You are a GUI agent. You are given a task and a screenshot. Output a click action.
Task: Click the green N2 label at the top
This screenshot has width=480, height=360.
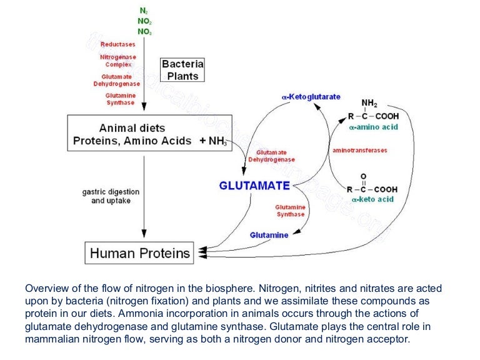coord(144,11)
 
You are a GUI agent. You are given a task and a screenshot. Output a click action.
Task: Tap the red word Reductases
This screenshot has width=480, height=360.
coord(117,44)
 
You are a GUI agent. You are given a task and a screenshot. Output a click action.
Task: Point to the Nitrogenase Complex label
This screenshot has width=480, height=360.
coord(117,61)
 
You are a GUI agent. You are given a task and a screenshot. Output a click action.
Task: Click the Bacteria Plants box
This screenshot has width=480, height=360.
coord(182,70)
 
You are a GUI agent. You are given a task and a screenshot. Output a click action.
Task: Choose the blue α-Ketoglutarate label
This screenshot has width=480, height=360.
coord(311,96)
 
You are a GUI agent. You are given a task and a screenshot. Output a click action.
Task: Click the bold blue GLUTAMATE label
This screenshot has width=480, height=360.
coord(254,186)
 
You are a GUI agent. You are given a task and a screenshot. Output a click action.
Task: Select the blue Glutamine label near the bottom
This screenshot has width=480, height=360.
coord(269,235)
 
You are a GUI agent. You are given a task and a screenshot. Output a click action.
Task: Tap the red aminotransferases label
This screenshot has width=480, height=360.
coord(359,151)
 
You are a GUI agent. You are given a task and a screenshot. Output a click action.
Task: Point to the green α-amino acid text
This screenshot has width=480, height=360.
coord(374,127)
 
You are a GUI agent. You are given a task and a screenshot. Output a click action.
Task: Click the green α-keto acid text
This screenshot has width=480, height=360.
coord(372,199)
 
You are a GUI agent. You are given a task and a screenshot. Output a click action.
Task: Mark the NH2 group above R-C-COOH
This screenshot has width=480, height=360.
coord(369,102)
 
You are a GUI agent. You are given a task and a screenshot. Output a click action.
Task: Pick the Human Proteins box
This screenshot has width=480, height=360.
coord(139,253)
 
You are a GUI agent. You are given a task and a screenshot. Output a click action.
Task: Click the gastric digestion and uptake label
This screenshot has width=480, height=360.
coord(111,196)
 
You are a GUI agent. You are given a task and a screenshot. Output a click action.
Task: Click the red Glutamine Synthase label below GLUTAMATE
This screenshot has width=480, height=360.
coord(290,211)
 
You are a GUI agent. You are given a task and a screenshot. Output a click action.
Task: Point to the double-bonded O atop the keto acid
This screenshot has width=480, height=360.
coord(364,177)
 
